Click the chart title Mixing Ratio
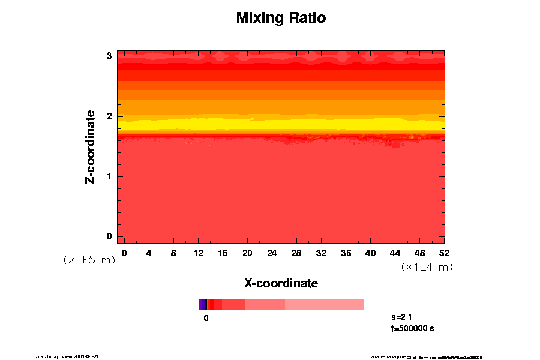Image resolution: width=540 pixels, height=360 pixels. pyautogui.click(x=281, y=18)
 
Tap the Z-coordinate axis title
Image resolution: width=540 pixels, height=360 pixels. pyautogui.click(x=91, y=146)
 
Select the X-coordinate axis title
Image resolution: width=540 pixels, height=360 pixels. pyautogui.click(x=281, y=283)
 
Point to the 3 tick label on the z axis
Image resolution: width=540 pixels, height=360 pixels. pyautogui.click(x=110, y=56)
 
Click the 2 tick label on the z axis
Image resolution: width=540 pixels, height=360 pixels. pyautogui.click(x=110, y=116)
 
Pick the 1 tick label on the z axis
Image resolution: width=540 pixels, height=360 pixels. pyautogui.click(x=110, y=176)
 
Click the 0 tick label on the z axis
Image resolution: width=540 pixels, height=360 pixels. pyautogui.click(x=110, y=236)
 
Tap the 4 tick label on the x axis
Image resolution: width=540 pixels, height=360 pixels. pyautogui.click(x=149, y=253)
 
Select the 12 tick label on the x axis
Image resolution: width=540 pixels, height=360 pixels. pyautogui.click(x=198, y=253)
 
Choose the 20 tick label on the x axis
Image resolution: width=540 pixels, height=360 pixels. pyautogui.click(x=247, y=253)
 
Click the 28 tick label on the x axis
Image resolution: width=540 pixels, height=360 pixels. pyautogui.click(x=296, y=253)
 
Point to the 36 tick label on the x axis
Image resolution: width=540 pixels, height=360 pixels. pyautogui.click(x=346, y=253)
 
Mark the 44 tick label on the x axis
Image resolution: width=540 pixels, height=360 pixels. pyautogui.click(x=395, y=253)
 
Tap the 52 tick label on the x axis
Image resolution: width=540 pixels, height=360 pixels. pyautogui.click(x=444, y=253)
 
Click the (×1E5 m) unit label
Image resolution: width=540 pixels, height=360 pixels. pyautogui.click(x=89, y=260)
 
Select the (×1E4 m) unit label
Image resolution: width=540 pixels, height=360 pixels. pyautogui.click(x=427, y=267)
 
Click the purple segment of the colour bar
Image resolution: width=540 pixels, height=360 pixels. pyautogui.click(x=203, y=304)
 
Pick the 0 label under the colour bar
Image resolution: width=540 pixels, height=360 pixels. pyautogui.click(x=206, y=318)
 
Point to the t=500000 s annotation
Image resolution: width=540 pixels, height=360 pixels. pyautogui.click(x=412, y=328)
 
